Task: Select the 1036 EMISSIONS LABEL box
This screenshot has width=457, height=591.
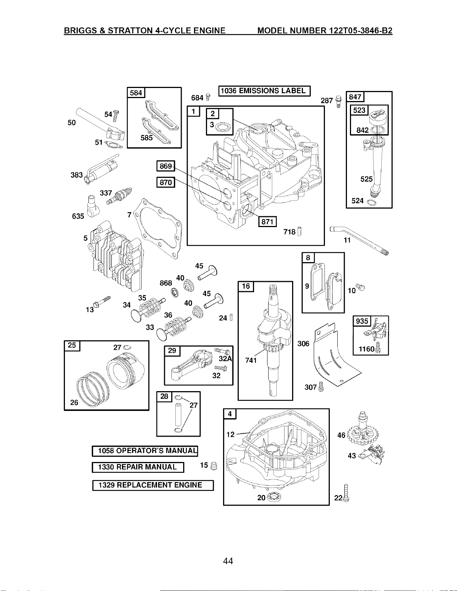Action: pyautogui.click(x=264, y=91)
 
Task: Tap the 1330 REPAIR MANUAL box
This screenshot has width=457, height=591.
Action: pyautogui.click(x=138, y=467)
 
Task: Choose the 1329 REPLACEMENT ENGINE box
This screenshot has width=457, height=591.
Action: pyautogui.click(x=153, y=485)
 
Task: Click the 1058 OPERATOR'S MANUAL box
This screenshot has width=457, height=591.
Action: pyautogui.click(x=145, y=451)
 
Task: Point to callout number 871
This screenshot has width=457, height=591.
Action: pyautogui.click(x=267, y=221)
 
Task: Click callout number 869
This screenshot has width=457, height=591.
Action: pyautogui.click(x=166, y=166)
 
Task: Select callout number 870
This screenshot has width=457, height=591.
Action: pyautogui.click(x=166, y=182)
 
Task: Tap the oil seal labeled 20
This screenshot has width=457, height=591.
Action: pyautogui.click(x=274, y=497)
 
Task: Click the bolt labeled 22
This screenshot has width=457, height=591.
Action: pyautogui.click(x=346, y=493)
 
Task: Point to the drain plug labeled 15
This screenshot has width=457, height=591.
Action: pyautogui.click(x=214, y=466)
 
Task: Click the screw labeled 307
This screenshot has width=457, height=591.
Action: pyautogui.click(x=321, y=386)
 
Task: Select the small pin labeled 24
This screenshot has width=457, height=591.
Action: pyautogui.click(x=231, y=317)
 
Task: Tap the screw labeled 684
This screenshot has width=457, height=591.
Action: pyautogui.click(x=208, y=97)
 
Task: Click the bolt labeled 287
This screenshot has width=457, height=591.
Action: pyautogui.click(x=338, y=101)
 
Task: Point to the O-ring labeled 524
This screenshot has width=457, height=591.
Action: pyautogui.click(x=372, y=202)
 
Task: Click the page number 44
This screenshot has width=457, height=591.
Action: pyautogui.click(x=228, y=561)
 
